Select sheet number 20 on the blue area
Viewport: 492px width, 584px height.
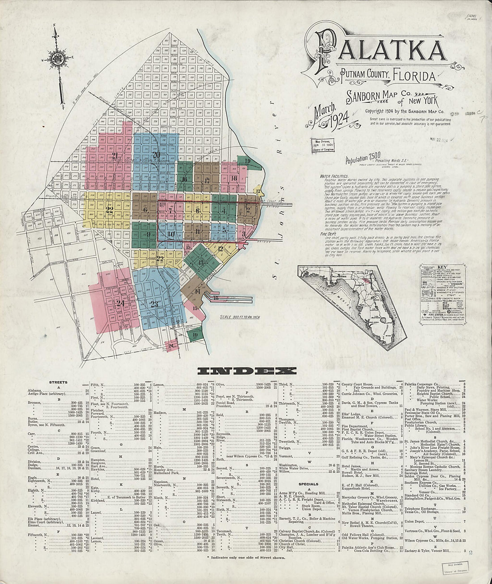(x=156, y=155)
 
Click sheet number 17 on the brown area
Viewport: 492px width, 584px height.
(x=206, y=180)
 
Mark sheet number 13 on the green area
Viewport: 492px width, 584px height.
(x=200, y=262)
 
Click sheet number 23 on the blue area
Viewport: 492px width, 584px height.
(x=155, y=304)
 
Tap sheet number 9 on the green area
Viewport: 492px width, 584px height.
(x=148, y=234)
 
